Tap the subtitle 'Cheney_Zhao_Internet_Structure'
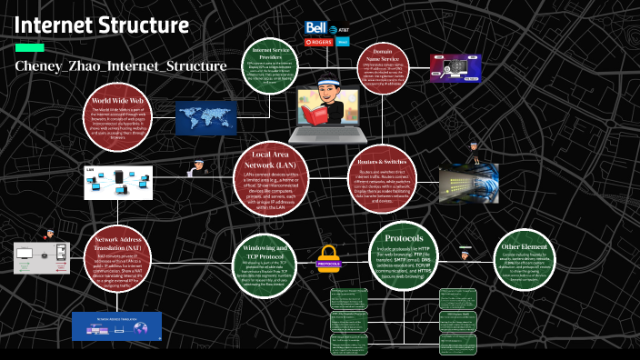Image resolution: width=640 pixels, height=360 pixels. pos(120,65)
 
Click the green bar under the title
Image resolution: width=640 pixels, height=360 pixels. pos(29,47)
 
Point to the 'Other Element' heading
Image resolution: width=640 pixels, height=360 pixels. pos(525,245)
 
